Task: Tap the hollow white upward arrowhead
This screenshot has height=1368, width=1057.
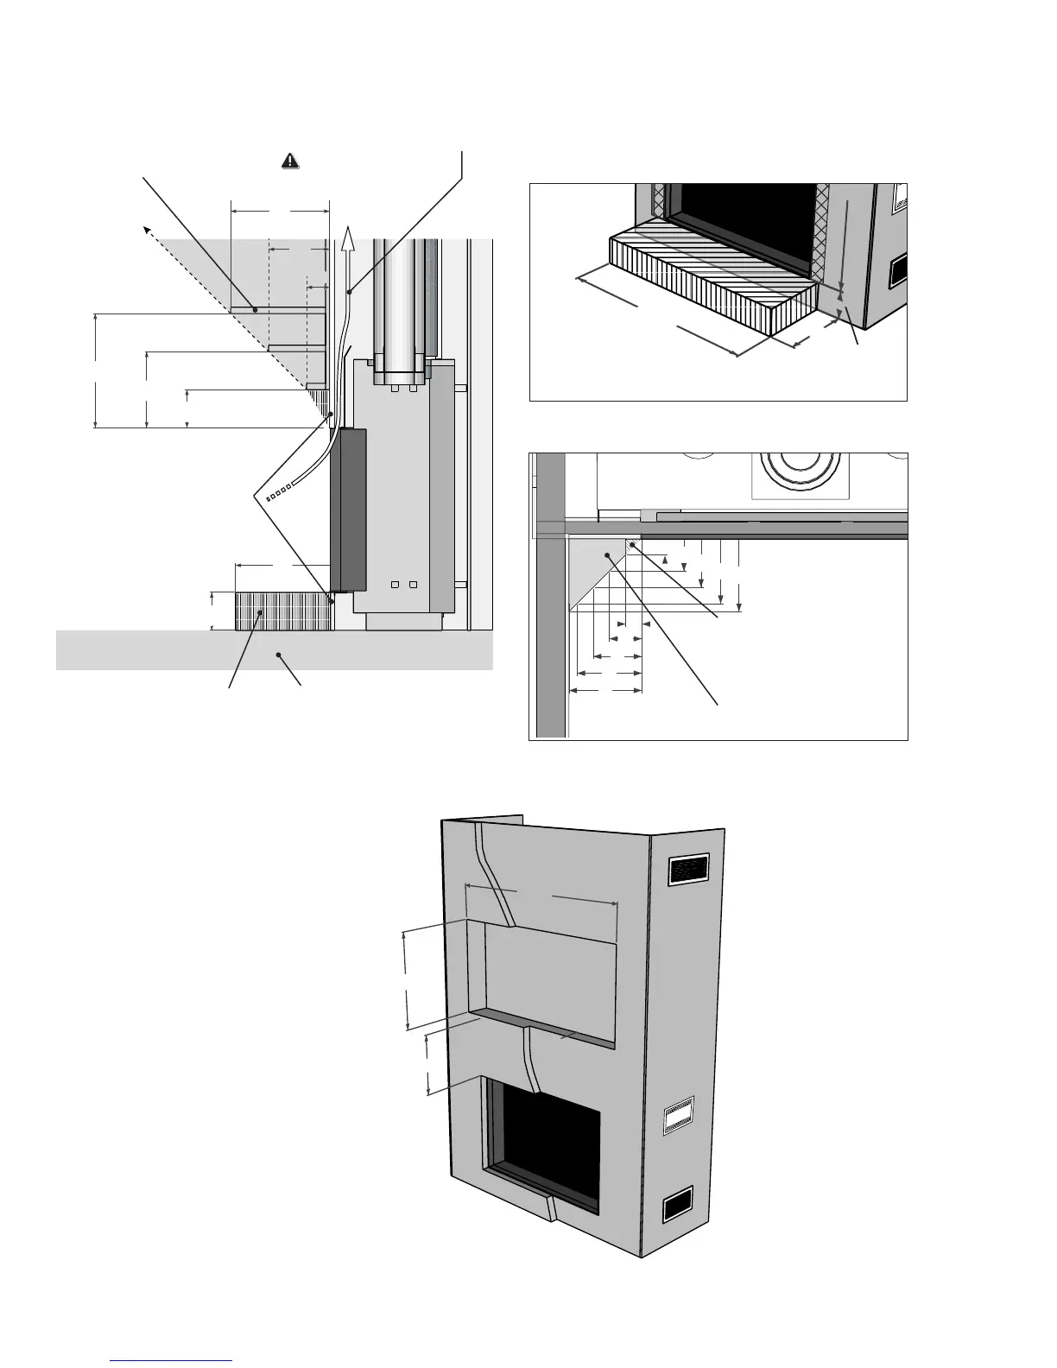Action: click(349, 237)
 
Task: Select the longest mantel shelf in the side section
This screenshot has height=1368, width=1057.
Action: click(277, 309)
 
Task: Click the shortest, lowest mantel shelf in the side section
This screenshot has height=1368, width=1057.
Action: click(316, 386)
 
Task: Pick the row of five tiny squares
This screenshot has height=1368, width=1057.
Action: click(279, 494)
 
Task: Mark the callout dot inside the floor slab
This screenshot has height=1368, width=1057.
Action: click(278, 655)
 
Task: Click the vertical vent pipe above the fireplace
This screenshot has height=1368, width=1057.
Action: click(399, 302)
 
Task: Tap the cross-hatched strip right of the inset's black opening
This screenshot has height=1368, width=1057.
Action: click(823, 233)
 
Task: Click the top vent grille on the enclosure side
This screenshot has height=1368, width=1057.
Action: click(689, 870)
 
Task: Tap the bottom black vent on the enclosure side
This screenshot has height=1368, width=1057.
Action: click(676, 1204)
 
